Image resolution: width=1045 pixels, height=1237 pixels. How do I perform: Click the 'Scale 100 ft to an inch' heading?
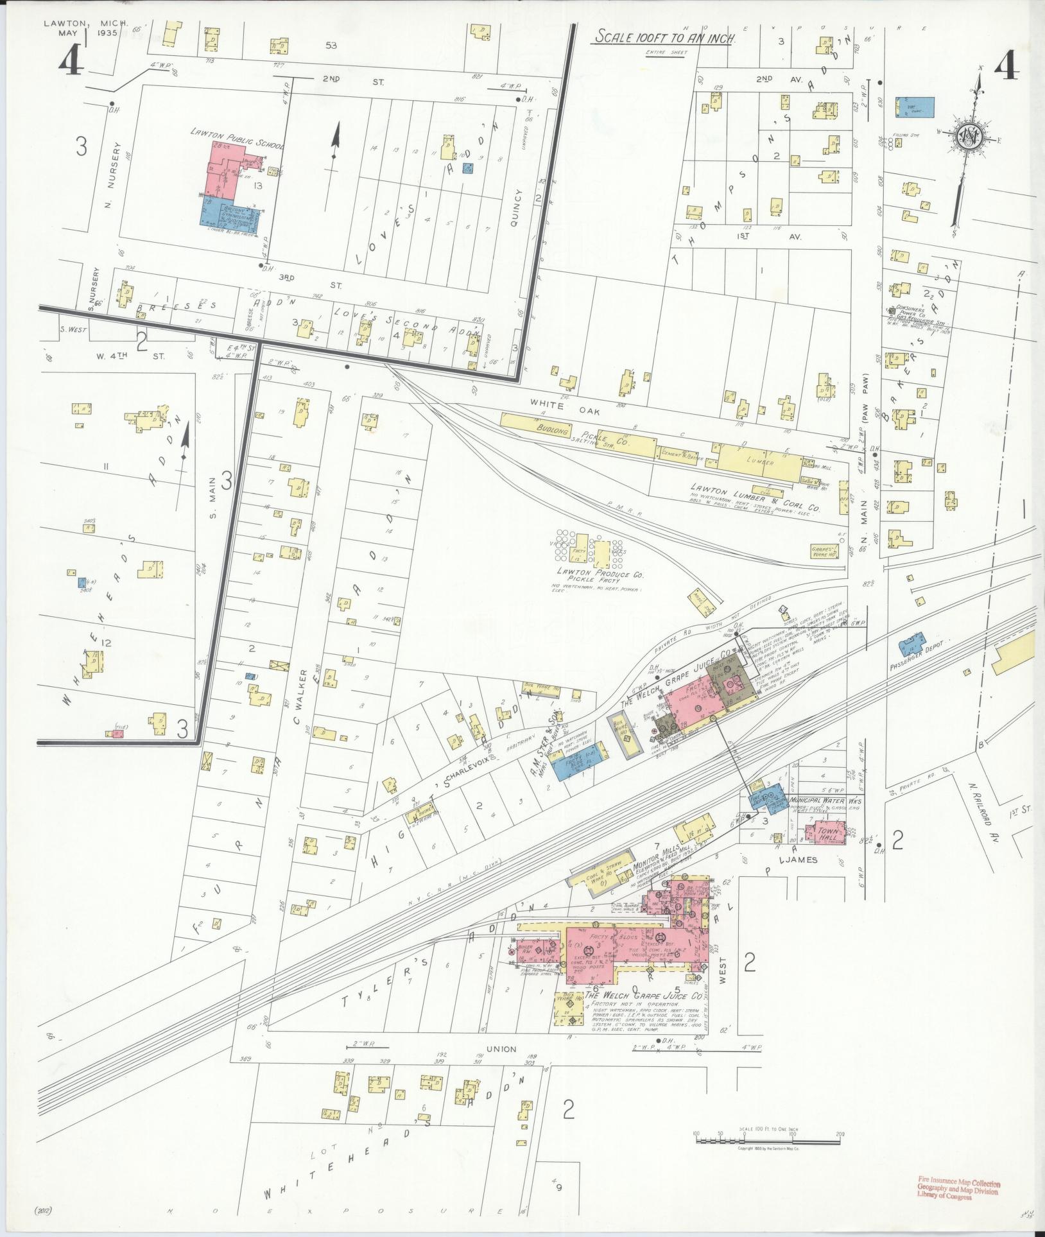pos(664,38)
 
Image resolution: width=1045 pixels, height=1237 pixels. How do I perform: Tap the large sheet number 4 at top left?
pos(71,62)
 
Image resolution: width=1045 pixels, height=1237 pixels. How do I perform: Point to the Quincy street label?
pos(519,207)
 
